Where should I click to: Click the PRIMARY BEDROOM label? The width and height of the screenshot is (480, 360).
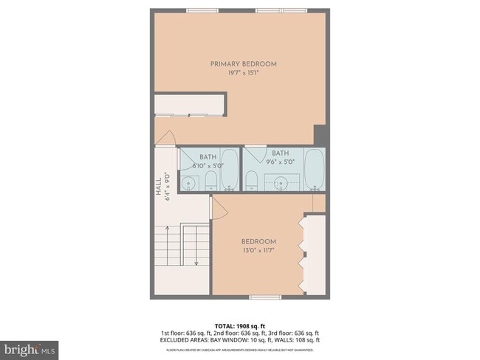[243, 64]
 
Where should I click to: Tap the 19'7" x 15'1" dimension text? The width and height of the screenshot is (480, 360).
[243, 73]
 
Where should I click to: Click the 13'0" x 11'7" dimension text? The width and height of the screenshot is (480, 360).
[258, 250]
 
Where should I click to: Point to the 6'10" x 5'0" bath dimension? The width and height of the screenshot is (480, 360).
[208, 166]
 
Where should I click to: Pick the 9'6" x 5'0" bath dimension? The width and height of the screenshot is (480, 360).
[280, 161]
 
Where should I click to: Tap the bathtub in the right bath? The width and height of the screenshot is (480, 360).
[315, 169]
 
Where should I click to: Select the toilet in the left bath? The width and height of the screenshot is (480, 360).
[210, 181]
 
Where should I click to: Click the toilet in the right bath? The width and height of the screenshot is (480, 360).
[250, 181]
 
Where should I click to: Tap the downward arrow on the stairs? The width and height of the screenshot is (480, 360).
[196, 251]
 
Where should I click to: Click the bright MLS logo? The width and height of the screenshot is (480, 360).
[30, 347]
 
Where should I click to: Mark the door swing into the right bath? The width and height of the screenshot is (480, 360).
[256, 153]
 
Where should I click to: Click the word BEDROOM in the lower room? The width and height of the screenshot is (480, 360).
[258, 241]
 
